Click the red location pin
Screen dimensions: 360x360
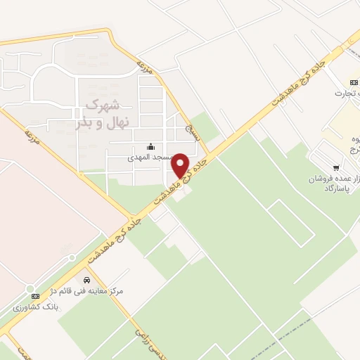[181, 165]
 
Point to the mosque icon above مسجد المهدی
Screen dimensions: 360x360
[150, 148]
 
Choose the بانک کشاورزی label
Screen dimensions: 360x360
[32, 307]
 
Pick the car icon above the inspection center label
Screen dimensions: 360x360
[86, 280]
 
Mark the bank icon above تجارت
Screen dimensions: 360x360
[352, 82]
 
